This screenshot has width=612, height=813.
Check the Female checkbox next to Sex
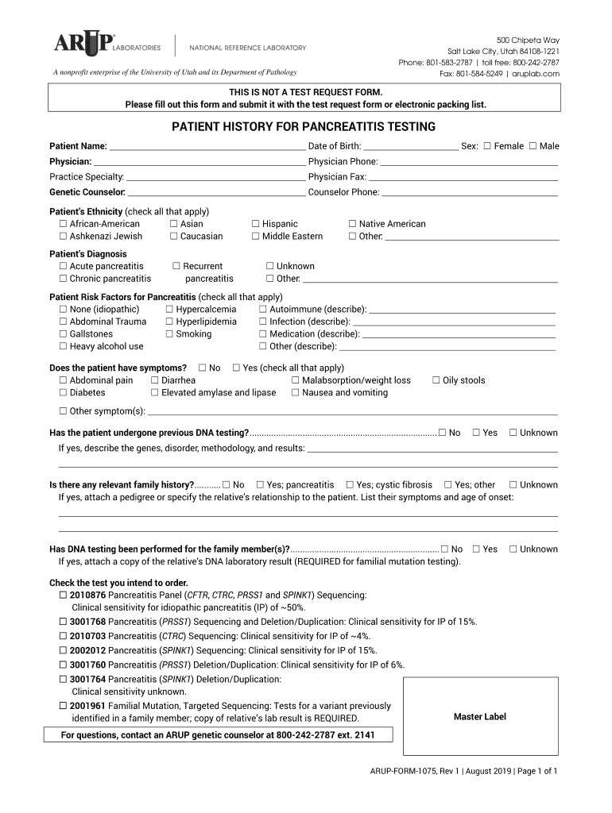(487, 146)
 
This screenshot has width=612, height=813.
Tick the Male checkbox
(533, 146)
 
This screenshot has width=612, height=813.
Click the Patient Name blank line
(207, 148)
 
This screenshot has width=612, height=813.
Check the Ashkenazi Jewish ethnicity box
(63, 236)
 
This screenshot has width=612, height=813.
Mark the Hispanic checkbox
(256, 224)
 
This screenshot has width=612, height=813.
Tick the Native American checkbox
(353, 224)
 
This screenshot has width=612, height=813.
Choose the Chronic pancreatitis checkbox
(63, 279)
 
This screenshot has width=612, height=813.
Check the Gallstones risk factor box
(63, 334)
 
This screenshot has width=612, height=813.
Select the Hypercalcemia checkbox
(169, 309)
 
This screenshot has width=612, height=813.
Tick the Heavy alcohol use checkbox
(63, 346)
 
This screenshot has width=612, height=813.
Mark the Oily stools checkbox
(436, 380)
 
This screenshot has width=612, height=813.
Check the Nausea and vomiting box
(296, 392)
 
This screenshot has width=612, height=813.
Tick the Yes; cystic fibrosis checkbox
(350, 484)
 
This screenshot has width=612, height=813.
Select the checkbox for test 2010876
(63, 595)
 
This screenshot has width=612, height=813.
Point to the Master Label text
(479, 717)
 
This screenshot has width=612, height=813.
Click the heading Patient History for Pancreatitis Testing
(304, 127)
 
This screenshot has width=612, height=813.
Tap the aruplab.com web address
(536, 74)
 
